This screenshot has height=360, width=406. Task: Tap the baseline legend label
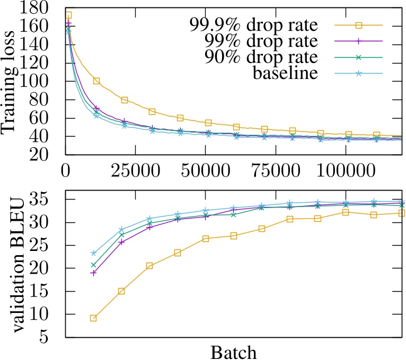[x=286, y=73]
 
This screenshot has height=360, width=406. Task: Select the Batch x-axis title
[x=234, y=351]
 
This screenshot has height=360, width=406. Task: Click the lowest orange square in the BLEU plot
[x=93, y=318]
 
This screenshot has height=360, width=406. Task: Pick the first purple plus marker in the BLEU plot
[x=93, y=273]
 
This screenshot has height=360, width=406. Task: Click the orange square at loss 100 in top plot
[x=96, y=81]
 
